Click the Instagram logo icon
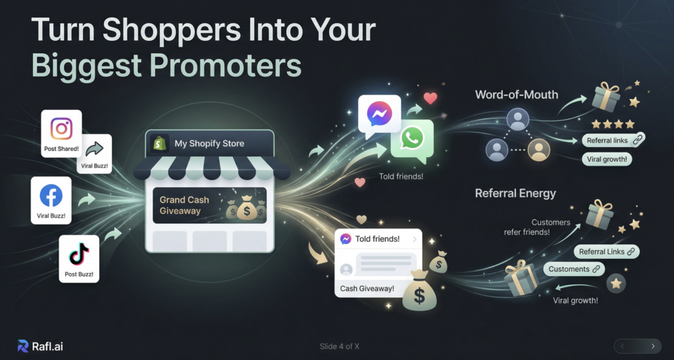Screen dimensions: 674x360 61,129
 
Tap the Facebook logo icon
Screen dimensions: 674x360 51,196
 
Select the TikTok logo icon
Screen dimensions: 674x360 79,255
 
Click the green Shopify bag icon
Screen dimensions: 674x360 159,143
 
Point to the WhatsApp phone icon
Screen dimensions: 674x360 411,139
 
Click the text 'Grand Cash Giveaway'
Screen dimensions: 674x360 184,205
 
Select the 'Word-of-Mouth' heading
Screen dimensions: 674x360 510,95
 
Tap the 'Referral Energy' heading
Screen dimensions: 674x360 515,193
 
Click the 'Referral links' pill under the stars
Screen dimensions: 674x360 613,141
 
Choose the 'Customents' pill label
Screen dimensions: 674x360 574,269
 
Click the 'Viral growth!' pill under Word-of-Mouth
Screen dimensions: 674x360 606,159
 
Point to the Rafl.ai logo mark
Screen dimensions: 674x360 23,346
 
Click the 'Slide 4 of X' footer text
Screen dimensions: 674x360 340,346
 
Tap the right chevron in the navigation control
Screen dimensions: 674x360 653,346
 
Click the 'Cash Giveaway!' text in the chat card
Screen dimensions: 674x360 367,288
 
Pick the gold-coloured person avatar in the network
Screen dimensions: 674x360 539,150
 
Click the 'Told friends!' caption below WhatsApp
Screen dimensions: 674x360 401,176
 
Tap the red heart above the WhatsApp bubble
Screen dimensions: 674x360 430,99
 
